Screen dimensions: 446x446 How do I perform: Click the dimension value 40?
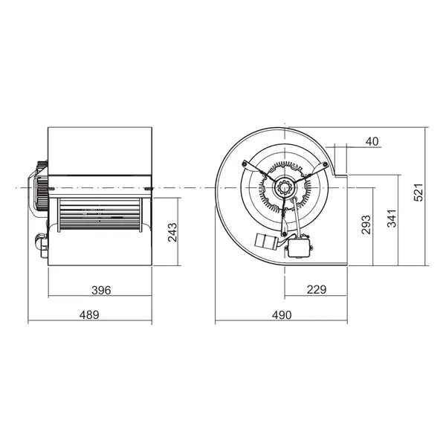[372, 140]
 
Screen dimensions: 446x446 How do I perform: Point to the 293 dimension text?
[366, 224]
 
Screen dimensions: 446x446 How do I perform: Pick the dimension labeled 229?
[316, 290]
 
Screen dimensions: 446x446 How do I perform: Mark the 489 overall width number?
[88, 315]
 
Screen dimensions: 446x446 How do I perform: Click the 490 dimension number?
[280, 315]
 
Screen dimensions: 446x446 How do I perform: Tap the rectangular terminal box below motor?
[300, 246]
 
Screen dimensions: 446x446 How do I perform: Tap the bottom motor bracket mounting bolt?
[284, 236]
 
